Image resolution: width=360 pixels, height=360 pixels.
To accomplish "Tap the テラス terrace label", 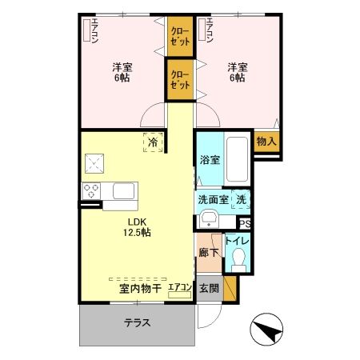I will tap(137, 324).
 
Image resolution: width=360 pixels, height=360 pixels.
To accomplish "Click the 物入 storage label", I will tap(266, 141).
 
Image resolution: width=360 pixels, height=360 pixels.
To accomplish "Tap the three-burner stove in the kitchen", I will tap(90, 190).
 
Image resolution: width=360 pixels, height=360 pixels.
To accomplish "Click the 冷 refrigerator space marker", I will tap(154, 142).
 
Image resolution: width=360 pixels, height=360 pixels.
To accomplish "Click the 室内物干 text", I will tap(141, 288).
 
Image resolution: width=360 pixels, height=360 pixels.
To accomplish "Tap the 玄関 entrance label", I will tap(208, 288).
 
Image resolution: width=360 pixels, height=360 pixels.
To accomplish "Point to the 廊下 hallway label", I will tap(207, 252).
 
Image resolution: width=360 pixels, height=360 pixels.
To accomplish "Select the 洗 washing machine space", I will tap(242, 199).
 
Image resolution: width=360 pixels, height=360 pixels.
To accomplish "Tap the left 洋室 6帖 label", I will tap(122, 73).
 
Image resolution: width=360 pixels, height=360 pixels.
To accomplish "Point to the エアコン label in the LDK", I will tap(181, 288).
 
